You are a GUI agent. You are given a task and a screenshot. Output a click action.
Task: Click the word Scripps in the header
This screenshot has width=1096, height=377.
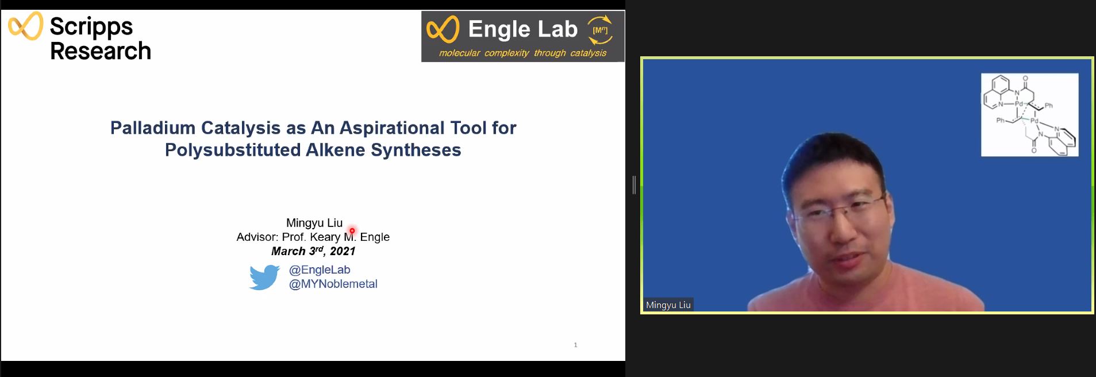(91, 27)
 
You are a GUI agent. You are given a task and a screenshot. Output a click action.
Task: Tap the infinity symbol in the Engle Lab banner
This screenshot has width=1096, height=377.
(443, 30)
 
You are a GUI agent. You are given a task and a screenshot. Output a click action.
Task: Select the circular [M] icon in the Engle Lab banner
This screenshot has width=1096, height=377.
(600, 30)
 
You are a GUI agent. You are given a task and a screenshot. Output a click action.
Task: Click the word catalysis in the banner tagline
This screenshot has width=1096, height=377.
(588, 53)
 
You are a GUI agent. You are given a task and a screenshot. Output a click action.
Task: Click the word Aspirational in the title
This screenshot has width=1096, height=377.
(389, 128)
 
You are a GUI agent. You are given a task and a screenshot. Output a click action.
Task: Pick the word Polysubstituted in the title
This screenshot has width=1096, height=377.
(232, 150)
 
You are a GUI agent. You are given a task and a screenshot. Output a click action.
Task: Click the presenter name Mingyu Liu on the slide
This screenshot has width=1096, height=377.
(314, 223)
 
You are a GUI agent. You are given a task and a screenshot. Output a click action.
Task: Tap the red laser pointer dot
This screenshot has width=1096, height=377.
(352, 231)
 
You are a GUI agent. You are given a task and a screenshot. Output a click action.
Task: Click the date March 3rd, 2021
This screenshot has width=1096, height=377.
(313, 251)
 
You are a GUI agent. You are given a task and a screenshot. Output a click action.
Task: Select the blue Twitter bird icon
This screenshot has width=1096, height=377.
(264, 277)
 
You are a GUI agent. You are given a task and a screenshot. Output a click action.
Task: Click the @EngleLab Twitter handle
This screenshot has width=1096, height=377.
(320, 270)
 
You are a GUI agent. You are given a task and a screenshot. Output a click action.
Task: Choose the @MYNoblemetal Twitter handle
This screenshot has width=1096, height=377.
(333, 284)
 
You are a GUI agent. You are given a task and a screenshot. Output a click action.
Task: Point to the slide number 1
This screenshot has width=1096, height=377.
(575, 345)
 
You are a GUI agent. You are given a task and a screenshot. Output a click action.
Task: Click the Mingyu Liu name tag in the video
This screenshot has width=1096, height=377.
(668, 305)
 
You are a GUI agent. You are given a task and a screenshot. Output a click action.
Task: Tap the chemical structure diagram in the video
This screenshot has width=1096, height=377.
(1029, 115)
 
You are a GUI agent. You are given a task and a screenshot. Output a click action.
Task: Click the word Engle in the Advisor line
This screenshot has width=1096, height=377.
(375, 237)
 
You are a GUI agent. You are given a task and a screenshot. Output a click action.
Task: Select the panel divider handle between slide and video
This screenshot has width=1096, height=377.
(633, 185)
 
